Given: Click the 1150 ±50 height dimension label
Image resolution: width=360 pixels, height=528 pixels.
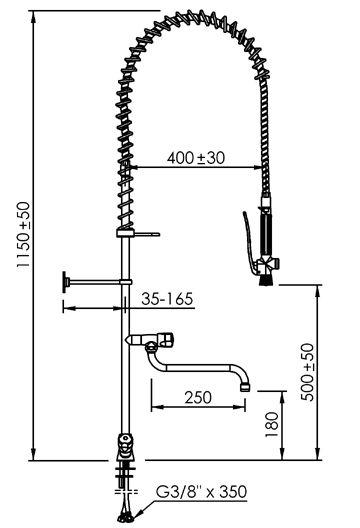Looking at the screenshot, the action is tap(24, 234).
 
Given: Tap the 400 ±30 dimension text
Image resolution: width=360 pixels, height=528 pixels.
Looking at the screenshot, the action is tap(196, 158).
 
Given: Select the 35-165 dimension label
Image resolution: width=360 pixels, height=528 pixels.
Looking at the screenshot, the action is tap(167, 299).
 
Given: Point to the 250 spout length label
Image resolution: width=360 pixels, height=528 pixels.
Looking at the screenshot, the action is tap(198, 397).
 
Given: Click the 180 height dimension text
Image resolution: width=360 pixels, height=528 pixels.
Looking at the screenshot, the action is tap(272, 424).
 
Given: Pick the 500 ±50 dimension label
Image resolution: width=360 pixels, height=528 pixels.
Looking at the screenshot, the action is tap(307, 372).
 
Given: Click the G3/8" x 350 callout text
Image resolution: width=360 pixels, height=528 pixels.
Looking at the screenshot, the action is tap(201, 492).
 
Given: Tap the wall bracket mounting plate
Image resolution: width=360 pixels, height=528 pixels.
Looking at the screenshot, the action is tap(65, 282).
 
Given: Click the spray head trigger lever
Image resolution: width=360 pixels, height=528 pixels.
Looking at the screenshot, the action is tap(248, 241).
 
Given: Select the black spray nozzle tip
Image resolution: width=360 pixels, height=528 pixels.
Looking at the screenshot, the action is tap(267, 280).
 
